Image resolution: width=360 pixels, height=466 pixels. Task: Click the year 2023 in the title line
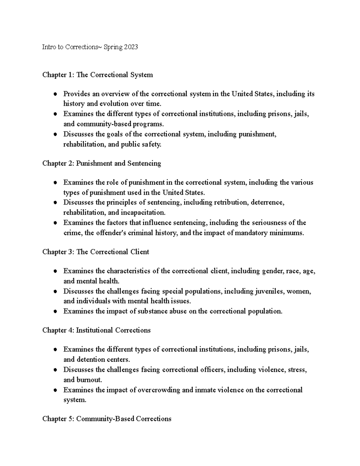130,47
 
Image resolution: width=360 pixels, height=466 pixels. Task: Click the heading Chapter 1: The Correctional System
97,75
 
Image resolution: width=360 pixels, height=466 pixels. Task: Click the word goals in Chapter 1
115,134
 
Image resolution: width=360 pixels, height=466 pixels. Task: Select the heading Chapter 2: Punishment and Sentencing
102,163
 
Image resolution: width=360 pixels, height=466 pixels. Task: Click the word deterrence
268,203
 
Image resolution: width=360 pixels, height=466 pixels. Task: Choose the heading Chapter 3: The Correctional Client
96,252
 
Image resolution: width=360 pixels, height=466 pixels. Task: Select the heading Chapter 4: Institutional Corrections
96,330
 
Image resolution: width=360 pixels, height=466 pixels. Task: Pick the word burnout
89,380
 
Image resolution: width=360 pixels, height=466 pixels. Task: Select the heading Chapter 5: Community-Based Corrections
107,419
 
